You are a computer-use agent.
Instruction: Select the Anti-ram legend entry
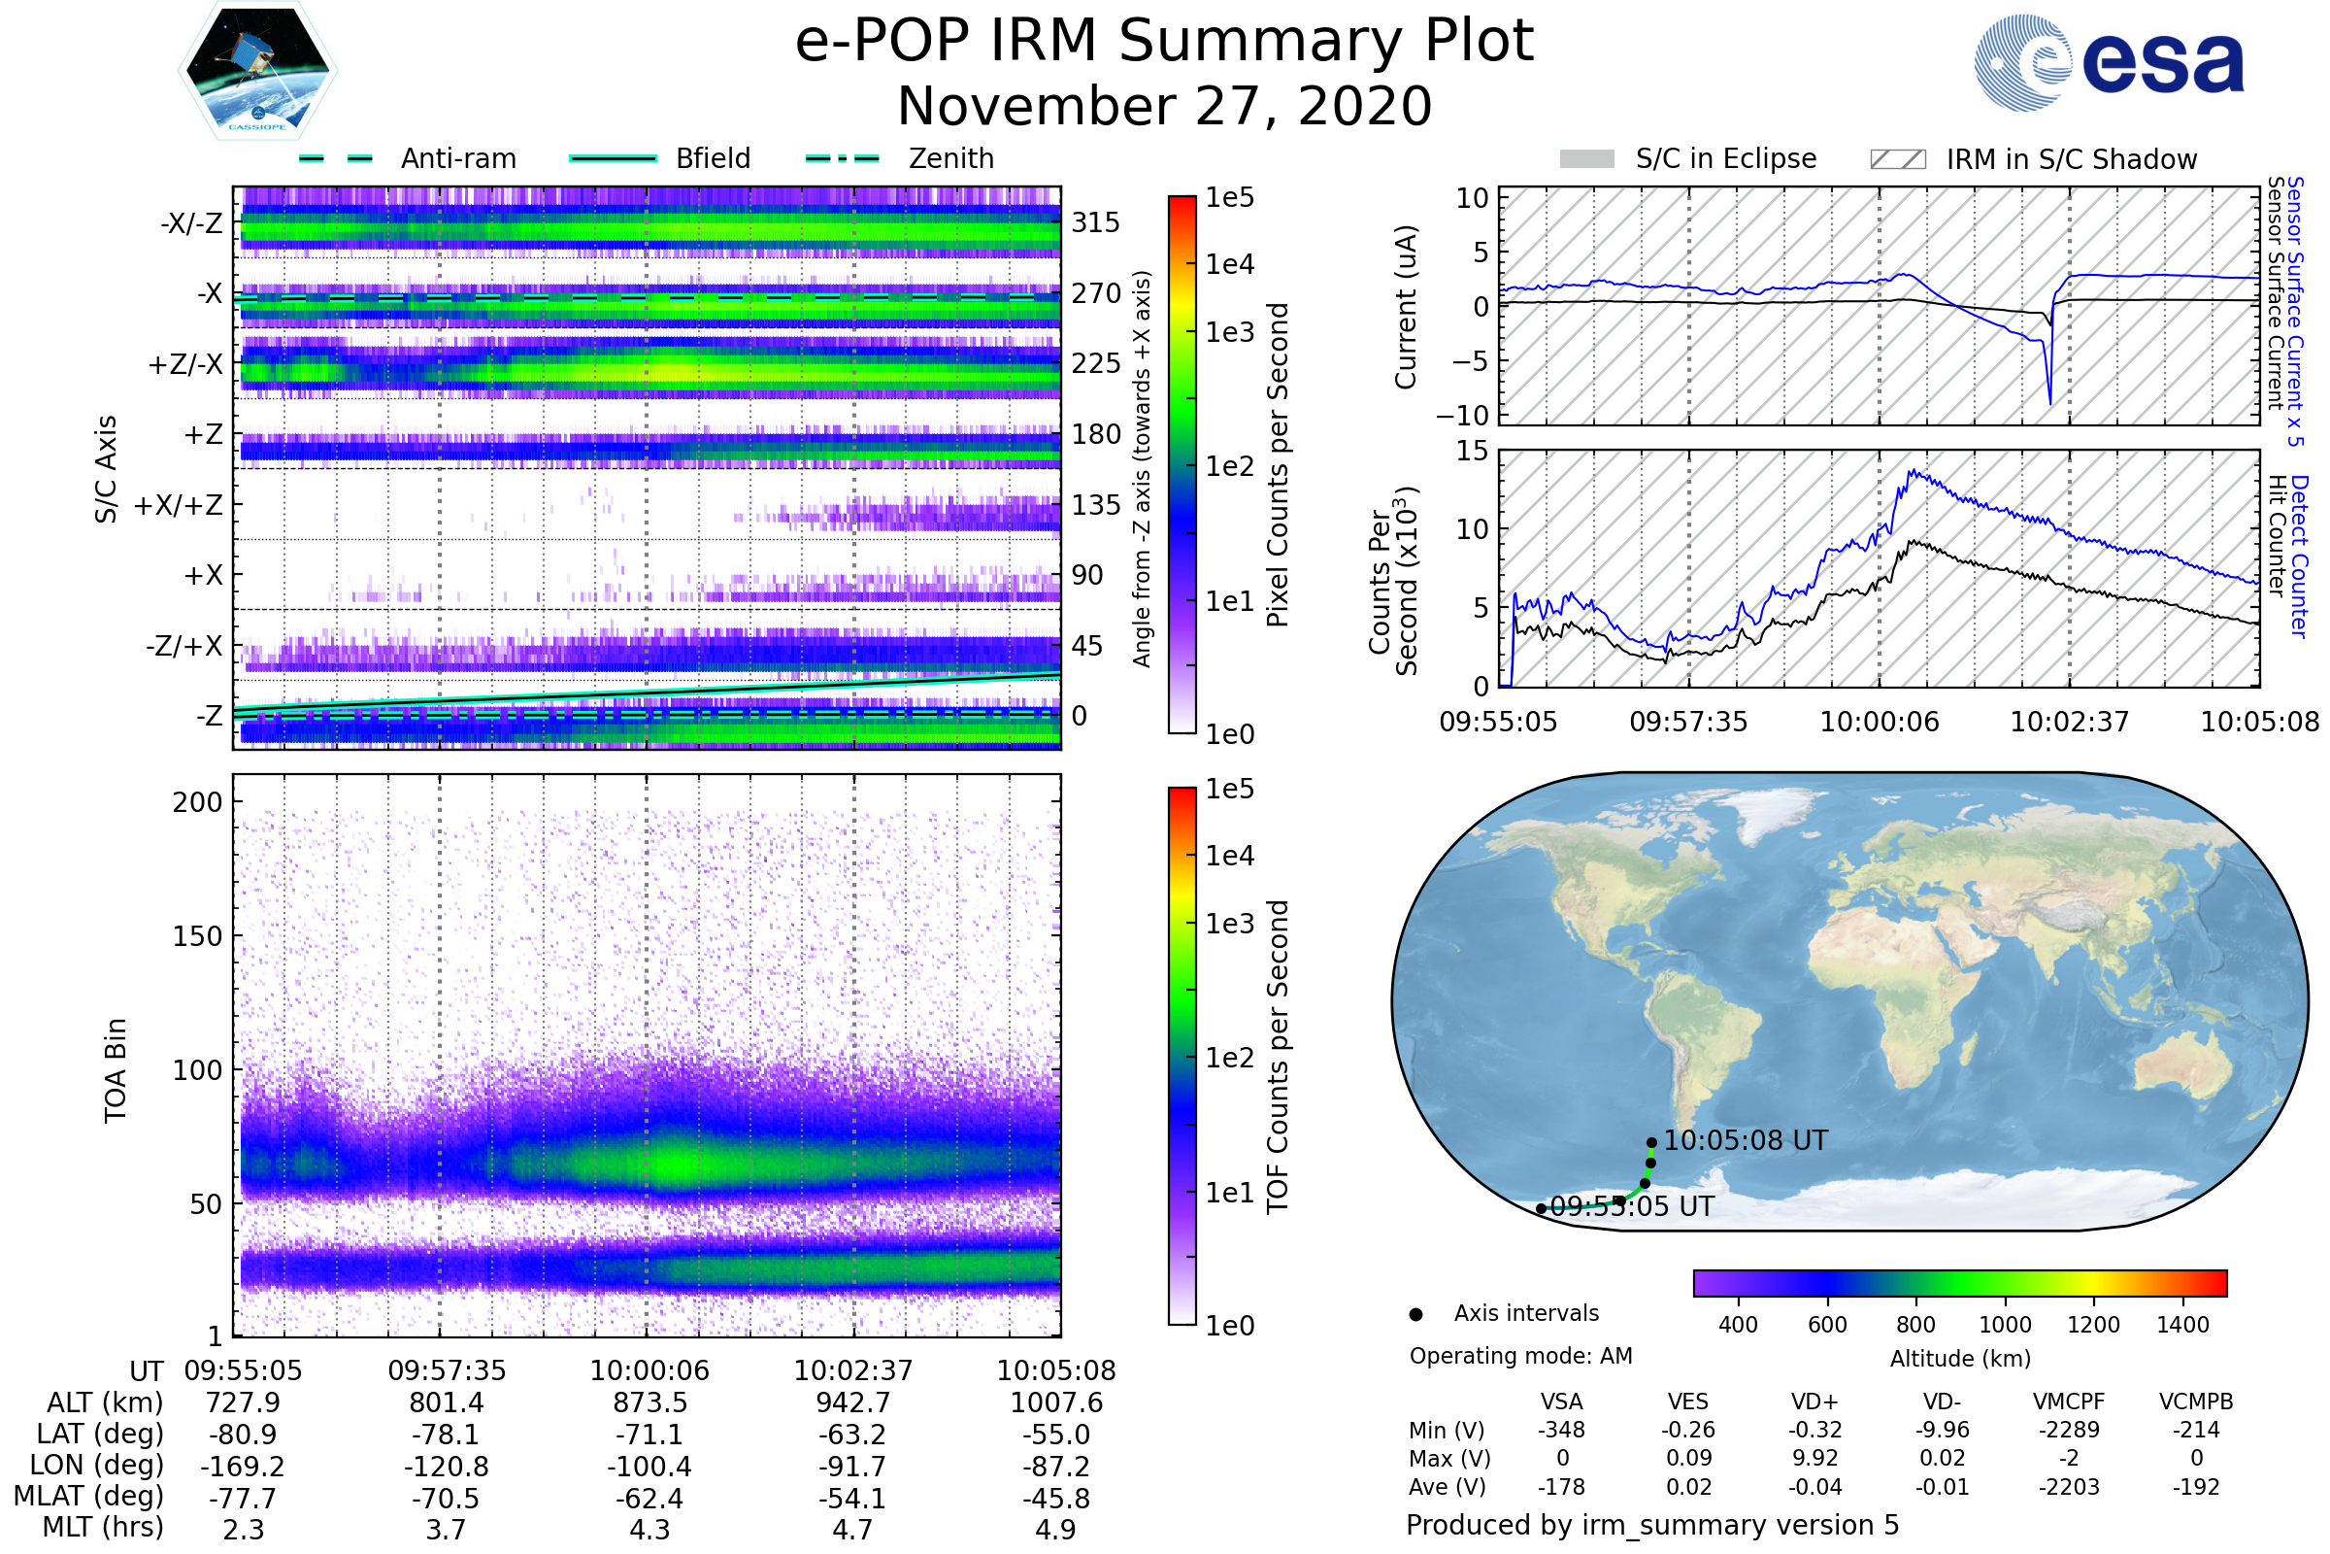tap(457, 158)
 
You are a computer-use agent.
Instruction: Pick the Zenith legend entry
tap(950, 158)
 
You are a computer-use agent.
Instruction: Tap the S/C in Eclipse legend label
tap(1725, 158)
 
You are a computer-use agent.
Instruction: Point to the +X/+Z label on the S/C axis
tap(179, 505)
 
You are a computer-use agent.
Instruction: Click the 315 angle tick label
tap(1095, 222)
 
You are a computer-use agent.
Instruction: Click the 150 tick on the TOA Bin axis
tap(197, 935)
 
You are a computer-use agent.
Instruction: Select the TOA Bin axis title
tap(115, 1069)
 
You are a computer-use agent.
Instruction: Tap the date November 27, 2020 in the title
tap(1164, 107)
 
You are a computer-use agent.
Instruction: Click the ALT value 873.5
tap(649, 1402)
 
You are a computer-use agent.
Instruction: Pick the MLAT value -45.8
tap(1055, 1498)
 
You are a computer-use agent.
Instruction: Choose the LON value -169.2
tap(243, 1466)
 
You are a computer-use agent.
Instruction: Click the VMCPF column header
tap(2069, 1402)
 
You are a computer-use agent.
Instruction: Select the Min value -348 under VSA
tap(1561, 1430)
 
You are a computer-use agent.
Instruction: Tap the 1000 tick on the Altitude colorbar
tap(2004, 1325)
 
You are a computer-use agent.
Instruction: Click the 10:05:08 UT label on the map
tap(1746, 1140)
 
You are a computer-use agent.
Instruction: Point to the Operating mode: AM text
tap(1520, 1356)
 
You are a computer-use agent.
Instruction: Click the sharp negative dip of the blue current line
tap(2049, 400)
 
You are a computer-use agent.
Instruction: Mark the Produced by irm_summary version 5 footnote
tap(1652, 1524)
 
